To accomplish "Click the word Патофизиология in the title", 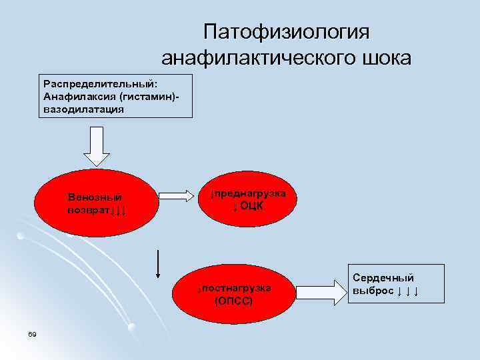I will coord(287,33).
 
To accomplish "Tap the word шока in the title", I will coord(386,59).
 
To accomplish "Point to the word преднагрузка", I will coord(251,193).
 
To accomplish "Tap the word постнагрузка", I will coord(237,288).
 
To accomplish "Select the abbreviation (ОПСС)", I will coord(233,301).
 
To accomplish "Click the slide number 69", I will coord(32,333).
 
